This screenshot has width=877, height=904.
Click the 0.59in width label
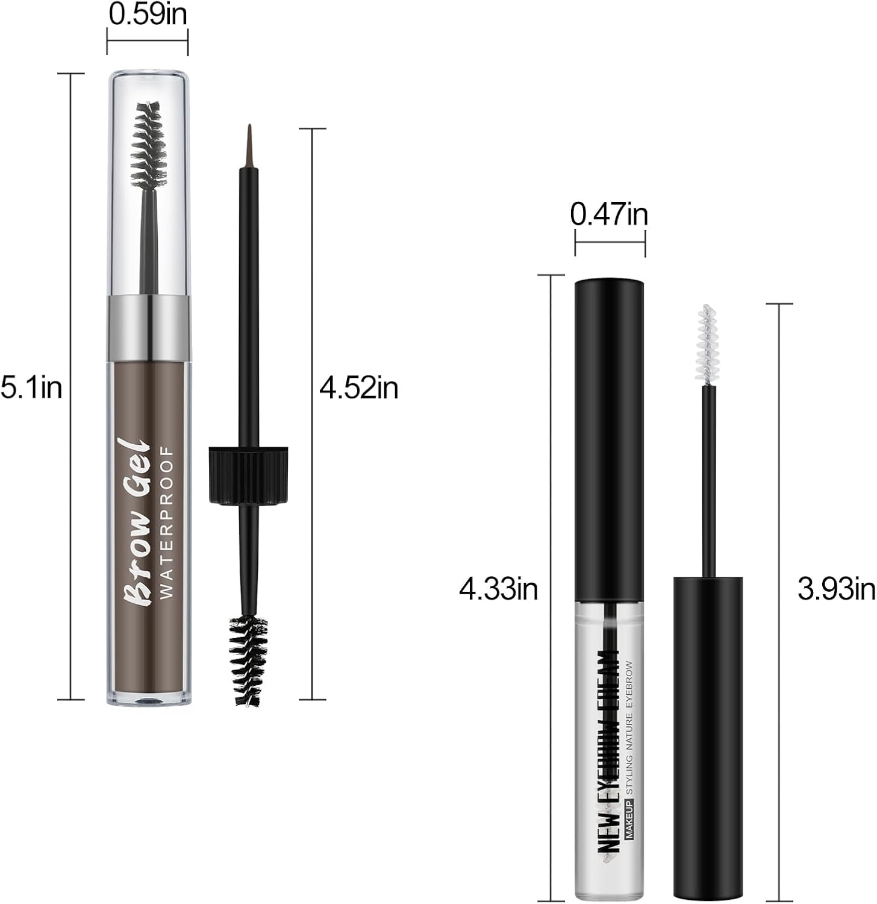[148, 14]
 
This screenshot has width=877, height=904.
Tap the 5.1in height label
[31, 388]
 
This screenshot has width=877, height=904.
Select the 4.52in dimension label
[359, 388]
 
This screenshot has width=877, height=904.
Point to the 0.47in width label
[609, 215]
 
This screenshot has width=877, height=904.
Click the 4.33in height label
[498, 589]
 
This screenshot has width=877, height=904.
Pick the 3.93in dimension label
[836, 589]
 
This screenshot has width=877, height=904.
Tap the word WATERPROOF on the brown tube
[167, 522]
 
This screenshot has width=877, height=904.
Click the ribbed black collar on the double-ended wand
[248, 475]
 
